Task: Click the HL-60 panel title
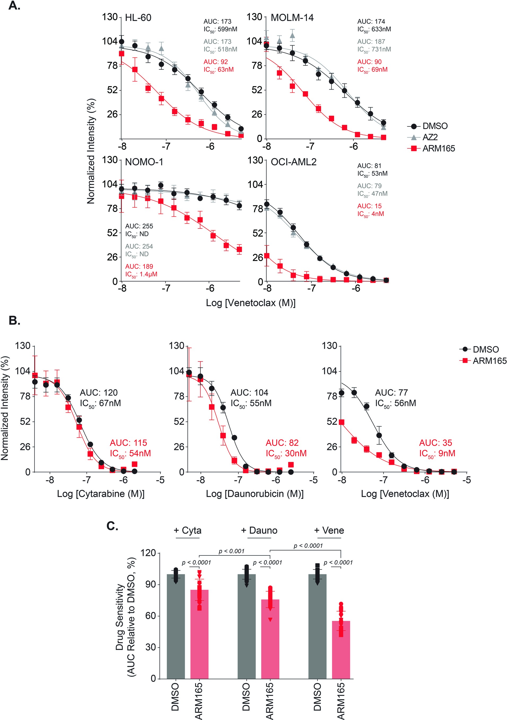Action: tap(138, 17)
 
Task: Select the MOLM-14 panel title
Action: tap(292, 17)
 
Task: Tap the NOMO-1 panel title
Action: tap(144, 162)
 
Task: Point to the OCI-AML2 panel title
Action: tap(294, 162)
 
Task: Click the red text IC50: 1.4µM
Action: tap(141, 274)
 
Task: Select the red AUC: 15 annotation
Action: tap(369, 206)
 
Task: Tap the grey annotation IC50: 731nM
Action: tap(374, 50)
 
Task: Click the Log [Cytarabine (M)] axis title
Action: tap(101, 494)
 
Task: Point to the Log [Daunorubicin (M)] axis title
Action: tap(255, 494)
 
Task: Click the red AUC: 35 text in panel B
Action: tap(435, 443)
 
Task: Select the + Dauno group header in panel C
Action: tap(259, 530)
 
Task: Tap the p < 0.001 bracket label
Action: tap(231, 551)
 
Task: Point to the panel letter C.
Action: tap(112, 526)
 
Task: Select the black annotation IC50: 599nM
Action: tap(220, 29)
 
